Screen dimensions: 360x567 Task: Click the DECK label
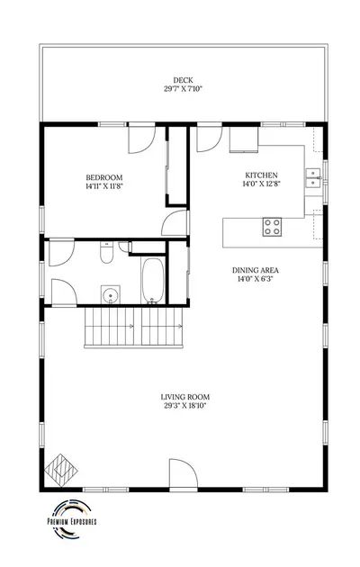click(183, 80)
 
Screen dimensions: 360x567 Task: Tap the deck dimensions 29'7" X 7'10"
click(183, 89)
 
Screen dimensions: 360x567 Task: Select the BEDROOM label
click(104, 177)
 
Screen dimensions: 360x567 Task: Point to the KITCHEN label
click(261, 175)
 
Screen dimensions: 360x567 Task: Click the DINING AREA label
click(256, 270)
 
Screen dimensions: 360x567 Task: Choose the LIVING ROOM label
click(185, 397)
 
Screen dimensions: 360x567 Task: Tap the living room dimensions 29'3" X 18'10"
click(185, 406)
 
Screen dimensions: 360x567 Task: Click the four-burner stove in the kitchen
click(272, 227)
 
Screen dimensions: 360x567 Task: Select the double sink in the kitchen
click(313, 178)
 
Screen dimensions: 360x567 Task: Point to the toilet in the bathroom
click(106, 252)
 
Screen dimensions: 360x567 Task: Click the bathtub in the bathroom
click(153, 281)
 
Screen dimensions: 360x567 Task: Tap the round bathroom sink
click(110, 295)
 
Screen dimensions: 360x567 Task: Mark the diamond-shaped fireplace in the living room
click(60, 470)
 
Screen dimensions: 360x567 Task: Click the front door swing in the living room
click(184, 473)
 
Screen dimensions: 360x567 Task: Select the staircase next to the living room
click(133, 328)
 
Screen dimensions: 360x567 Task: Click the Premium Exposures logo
click(72, 519)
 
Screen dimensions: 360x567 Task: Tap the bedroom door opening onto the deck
click(141, 139)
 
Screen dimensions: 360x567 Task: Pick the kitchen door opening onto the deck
click(210, 139)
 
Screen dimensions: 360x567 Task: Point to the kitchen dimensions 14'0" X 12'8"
click(261, 184)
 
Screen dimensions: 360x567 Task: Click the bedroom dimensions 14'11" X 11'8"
click(104, 186)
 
